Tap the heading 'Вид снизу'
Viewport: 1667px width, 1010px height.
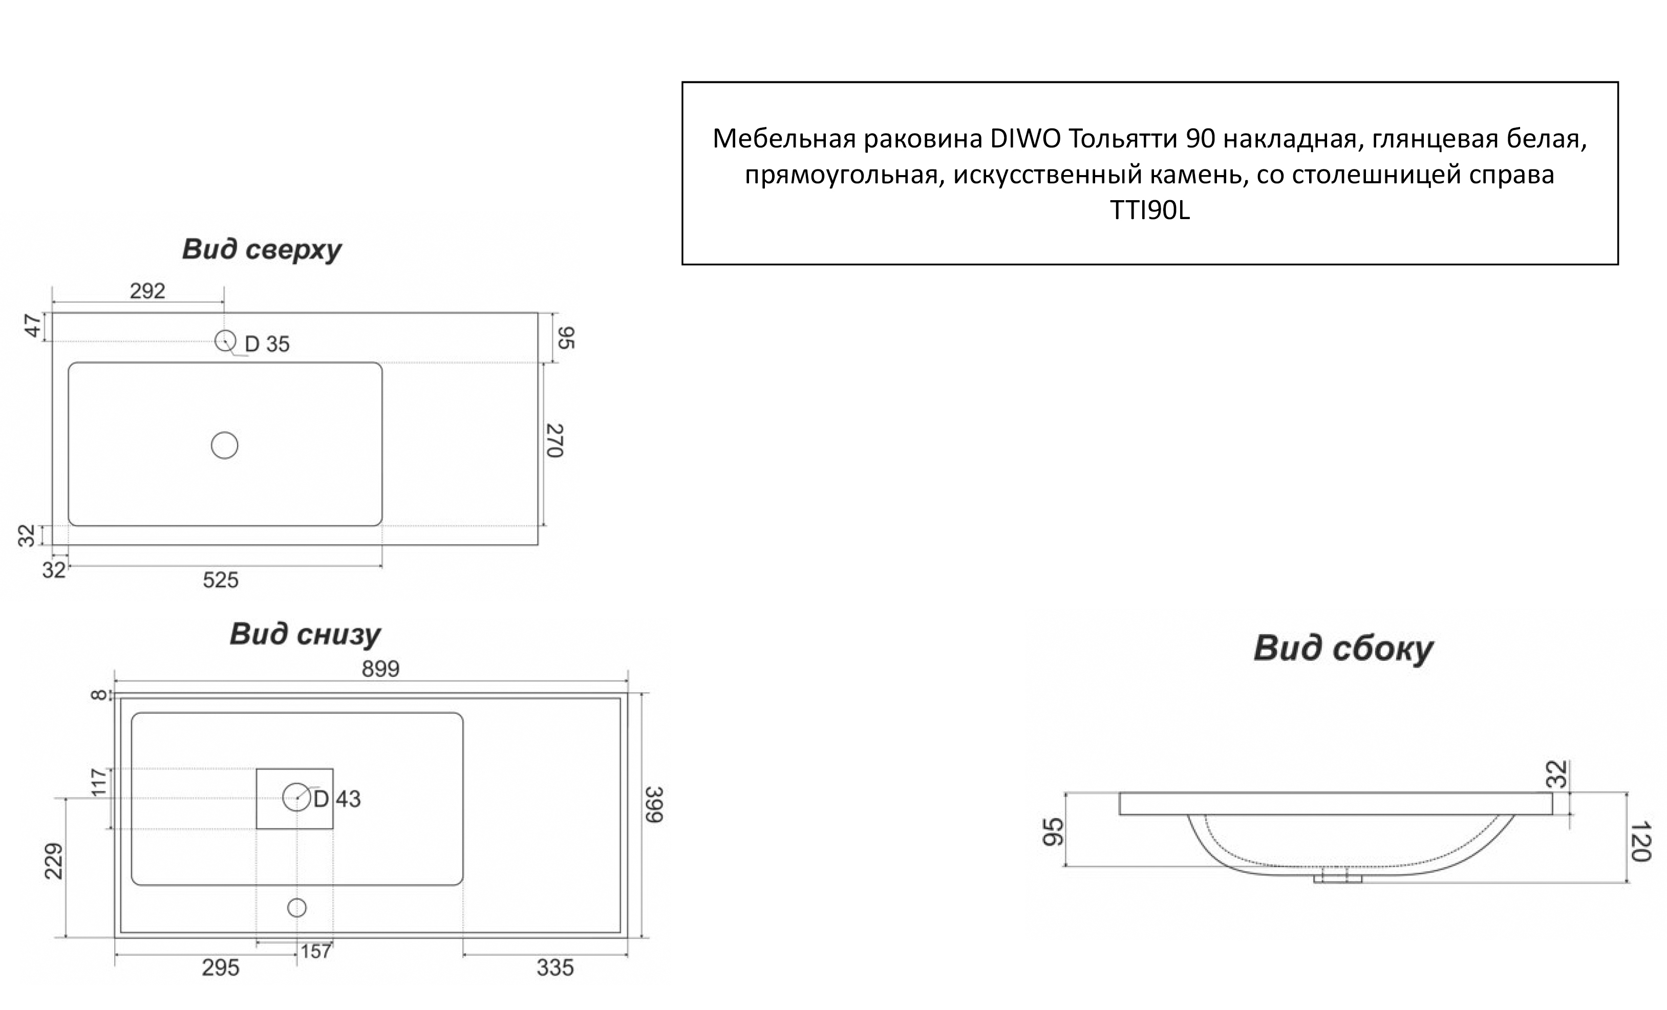(x=305, y=634)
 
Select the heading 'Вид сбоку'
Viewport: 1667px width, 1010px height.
(x=1343, y=648)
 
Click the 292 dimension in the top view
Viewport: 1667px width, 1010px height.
(x=147, y=290)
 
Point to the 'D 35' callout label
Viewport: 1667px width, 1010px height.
(x=267, y=345)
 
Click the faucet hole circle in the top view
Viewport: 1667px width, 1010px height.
(x=225, y=340)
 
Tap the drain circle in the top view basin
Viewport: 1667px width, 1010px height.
(x=225, y=446)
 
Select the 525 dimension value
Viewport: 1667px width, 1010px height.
(x=221, y=580)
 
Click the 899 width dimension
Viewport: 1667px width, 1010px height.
(x=380, y=669)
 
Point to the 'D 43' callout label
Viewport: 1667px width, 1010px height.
(x=337, y=799)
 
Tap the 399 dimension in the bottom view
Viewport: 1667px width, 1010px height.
(x=653, y=804)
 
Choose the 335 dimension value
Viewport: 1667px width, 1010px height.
(x=555, y=968)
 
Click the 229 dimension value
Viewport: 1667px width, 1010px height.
(x=54, y=861)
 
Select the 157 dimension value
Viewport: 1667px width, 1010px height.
(x=316, y=951)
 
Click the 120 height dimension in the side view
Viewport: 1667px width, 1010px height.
(x=1641, y=842)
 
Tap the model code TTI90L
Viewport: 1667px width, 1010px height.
(x=1149, y=211)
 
